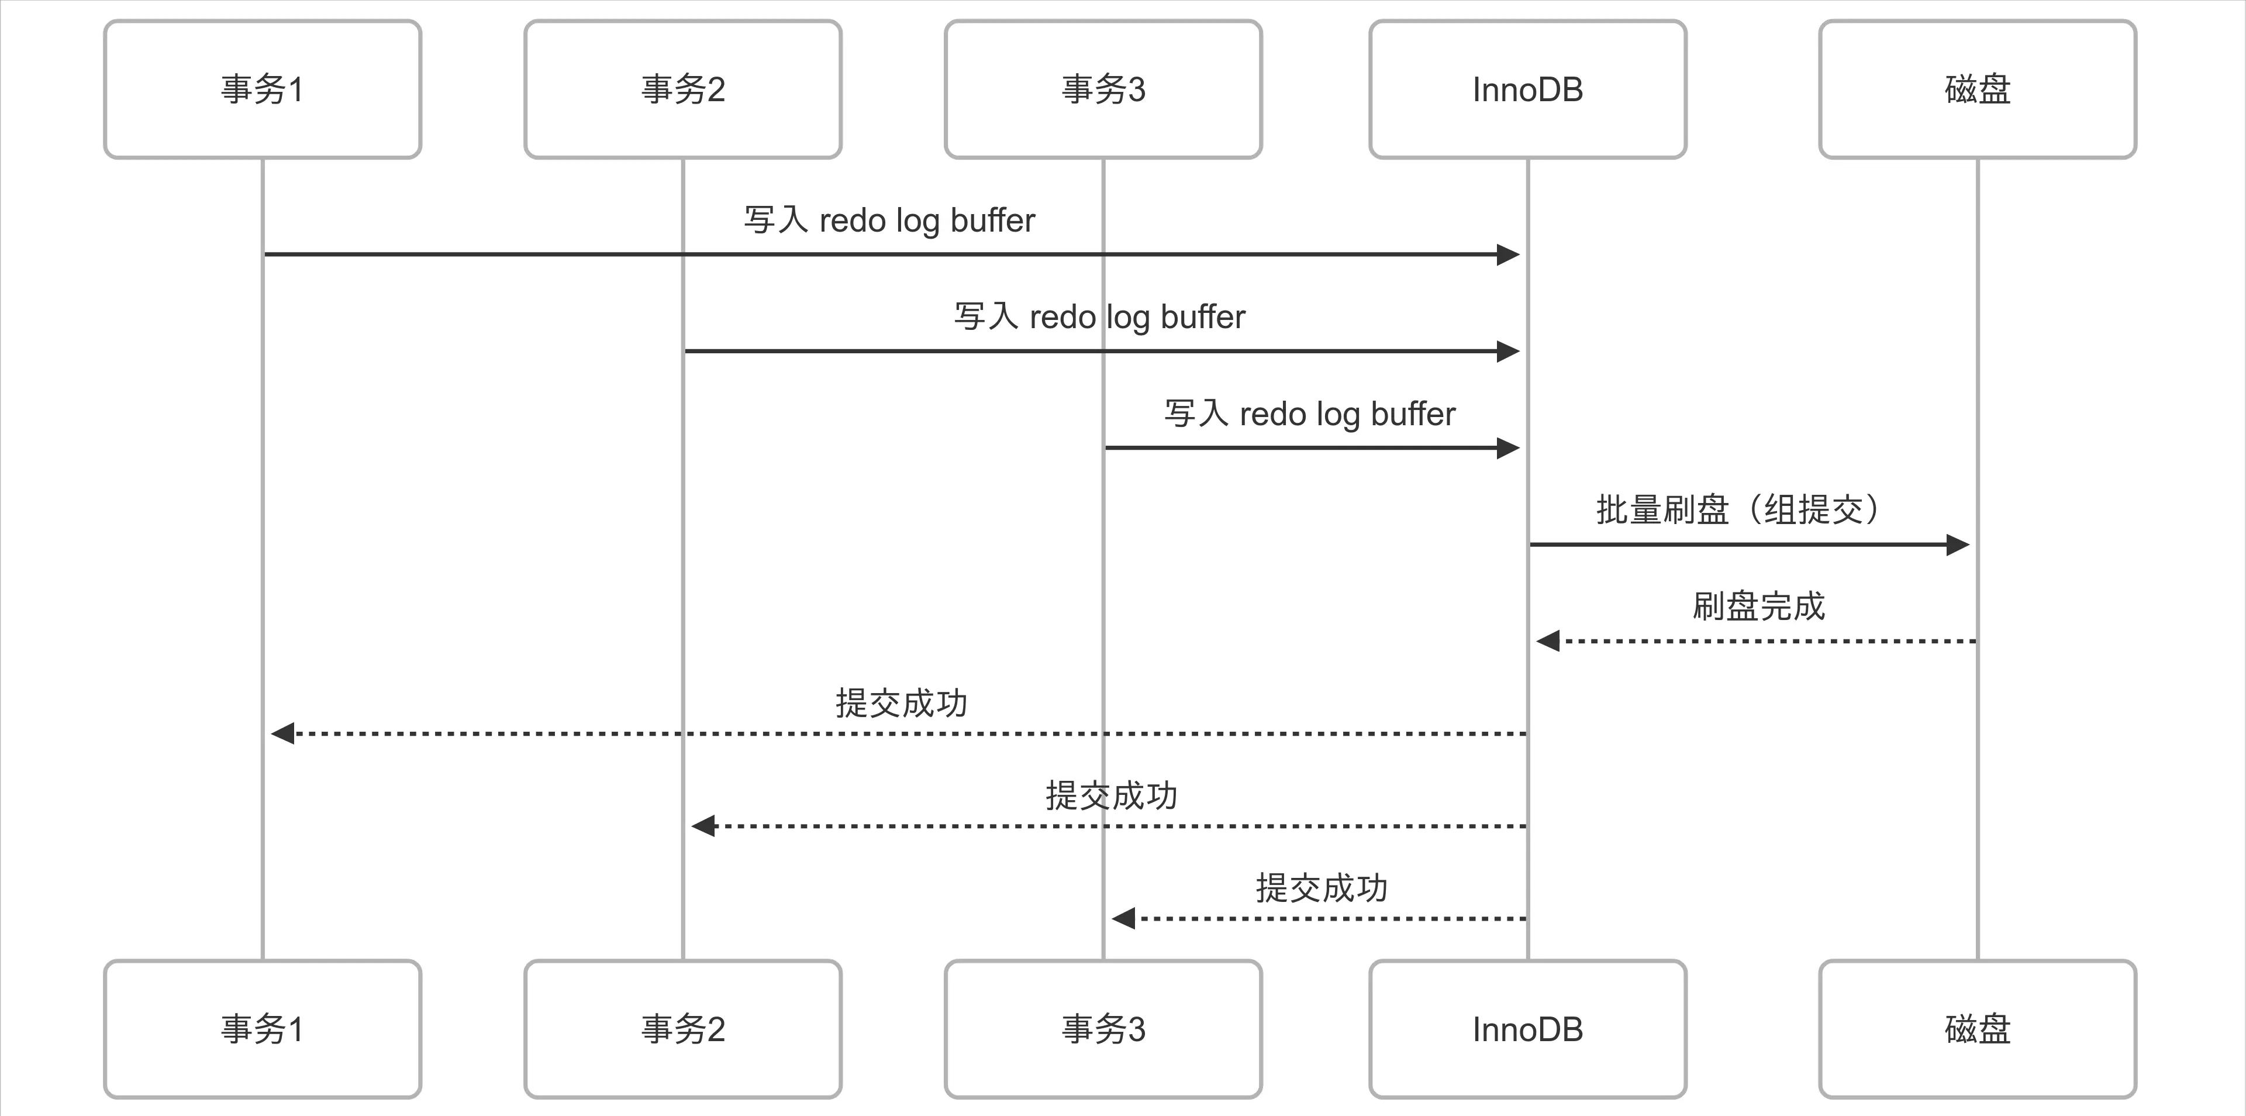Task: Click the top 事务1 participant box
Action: (x=263, y=89)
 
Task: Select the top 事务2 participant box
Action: (x=683, y=89)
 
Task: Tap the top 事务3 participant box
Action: (x=1103, y=89)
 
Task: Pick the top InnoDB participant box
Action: (x=1527, y=89)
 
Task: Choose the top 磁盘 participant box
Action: (x=1978, y=89)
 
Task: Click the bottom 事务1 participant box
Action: (x=263, y=1029)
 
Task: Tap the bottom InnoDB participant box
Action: (x=1527, y=1029)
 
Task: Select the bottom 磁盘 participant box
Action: (x=1978, y=1029)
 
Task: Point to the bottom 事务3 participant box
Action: (x=1103, y=1029)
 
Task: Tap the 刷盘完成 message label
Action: (x=1758, y=606)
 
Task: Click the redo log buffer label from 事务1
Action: (x=889, y=220)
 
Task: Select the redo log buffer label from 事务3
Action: (x=1310, y=414)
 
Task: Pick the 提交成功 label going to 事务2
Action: (x=1111, y=795)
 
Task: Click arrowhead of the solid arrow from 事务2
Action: (x=1509, y=352)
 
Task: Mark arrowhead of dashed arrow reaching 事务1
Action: (x=282, y=733)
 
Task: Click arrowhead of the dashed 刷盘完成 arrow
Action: (x=1548, y=642)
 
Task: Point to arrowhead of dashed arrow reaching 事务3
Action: (x=1123, y=918)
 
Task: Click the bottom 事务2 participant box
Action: (x=683, y=1029)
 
